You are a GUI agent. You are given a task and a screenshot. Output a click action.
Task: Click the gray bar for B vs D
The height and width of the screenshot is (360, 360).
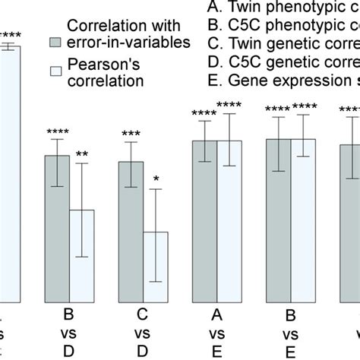[x=58, y=228]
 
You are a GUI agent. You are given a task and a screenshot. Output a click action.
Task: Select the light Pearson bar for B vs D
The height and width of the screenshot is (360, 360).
[x=82, y=255]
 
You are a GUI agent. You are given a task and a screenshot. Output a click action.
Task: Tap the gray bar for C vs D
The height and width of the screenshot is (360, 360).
[x=131, y=231]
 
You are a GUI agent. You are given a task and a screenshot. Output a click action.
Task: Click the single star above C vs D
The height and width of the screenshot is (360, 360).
[x=156, y=179]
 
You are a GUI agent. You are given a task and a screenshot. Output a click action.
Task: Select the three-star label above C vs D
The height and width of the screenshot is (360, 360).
[x=131, y=134]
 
